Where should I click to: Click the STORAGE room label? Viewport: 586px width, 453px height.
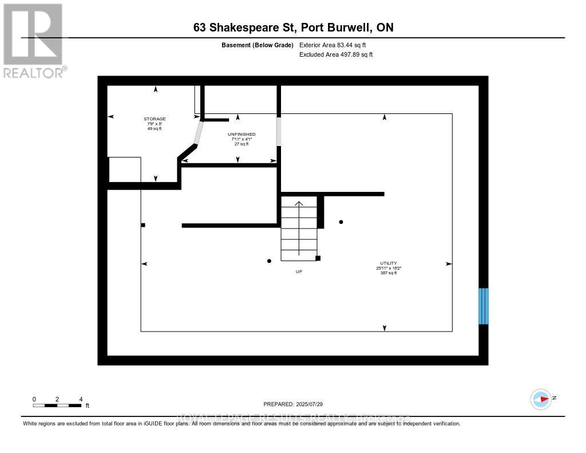155,119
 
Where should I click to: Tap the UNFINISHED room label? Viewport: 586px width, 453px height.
241,134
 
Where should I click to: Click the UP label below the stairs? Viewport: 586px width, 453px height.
299,271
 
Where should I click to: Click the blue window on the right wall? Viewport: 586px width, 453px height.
484,306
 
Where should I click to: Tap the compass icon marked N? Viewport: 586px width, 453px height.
540,399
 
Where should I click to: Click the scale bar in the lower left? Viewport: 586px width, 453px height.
57,405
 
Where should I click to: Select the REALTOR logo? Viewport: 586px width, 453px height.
33,40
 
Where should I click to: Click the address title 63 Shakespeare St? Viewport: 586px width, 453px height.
292,27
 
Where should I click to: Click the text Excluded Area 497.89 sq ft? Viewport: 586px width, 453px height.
336,55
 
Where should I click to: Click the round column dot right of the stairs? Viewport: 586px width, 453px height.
342,222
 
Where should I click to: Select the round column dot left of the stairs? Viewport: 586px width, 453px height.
269,261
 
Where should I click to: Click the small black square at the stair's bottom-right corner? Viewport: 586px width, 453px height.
318,258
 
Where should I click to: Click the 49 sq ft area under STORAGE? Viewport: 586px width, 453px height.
155,128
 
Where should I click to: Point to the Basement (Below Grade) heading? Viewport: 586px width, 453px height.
257,45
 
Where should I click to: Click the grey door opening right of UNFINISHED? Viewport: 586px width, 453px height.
279,131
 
